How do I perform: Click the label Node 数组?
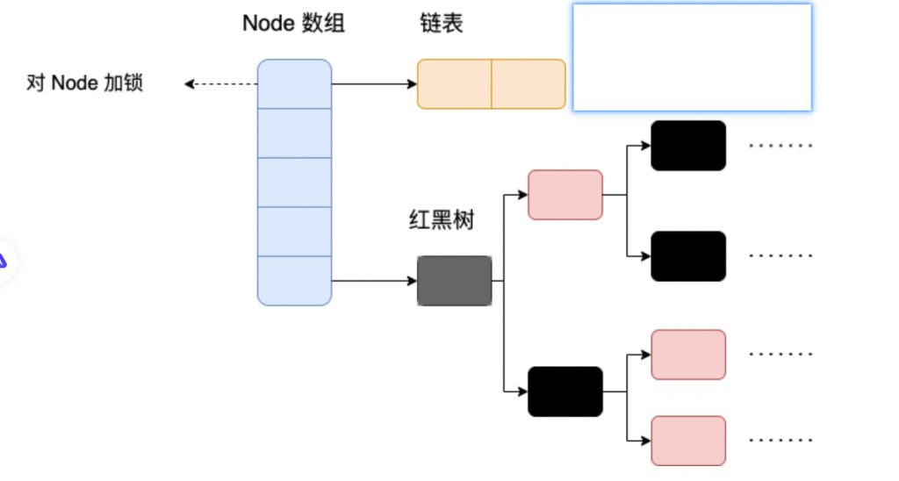[293, 25]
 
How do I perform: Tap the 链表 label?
[442, 25]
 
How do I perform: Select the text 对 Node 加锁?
[85, 84]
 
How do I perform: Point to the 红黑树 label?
[442, 220]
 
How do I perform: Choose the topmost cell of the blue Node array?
[294, 84]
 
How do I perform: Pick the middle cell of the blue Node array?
[294, 182]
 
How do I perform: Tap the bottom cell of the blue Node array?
[294, 280]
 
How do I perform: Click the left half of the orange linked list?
[454, 84]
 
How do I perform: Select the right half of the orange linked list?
[528, 84]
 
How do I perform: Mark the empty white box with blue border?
[692, 58]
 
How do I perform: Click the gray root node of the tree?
[454, 281]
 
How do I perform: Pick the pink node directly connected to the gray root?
[565, 195]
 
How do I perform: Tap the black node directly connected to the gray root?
[565, 391]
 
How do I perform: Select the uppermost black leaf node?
[688, 146]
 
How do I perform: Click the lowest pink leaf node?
[688, 441]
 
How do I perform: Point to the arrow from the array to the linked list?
[374, 84]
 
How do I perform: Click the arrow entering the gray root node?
[374, 281]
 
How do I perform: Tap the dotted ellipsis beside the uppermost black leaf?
[780, 146]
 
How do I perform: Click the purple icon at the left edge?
[4, 260]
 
